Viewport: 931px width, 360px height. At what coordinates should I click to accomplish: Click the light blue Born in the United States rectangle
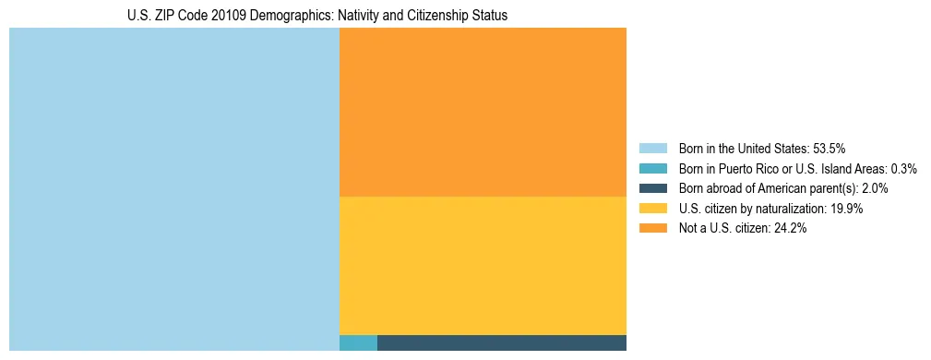(x=174, y=189)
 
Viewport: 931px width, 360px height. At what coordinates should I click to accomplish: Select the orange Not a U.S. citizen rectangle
(x=483, y=112)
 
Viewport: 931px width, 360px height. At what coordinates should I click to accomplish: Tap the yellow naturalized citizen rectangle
(x=483, y=266)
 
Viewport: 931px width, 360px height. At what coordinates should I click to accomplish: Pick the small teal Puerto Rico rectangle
(x=358, y=342)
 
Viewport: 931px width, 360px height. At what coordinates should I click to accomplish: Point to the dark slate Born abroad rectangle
(x=502, y=342)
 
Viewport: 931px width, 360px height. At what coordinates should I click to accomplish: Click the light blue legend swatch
(x=652, y=148)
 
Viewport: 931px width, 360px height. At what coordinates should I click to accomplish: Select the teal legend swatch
(x=652, y=168)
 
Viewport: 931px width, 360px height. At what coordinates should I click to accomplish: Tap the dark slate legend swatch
(x=652, y=188)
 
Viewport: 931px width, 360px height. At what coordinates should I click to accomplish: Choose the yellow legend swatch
(x=652, y=209)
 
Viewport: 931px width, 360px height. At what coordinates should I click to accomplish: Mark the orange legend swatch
(x=652, y=229)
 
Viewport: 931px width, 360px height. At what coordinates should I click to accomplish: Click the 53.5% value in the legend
(x=830, y=148)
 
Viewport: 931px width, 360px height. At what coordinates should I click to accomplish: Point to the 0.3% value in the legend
(x=903, y=168)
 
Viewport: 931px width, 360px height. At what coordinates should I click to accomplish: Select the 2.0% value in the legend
(x=875, y=188)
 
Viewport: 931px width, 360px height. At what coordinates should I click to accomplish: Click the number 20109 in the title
(x=217, y=16)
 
